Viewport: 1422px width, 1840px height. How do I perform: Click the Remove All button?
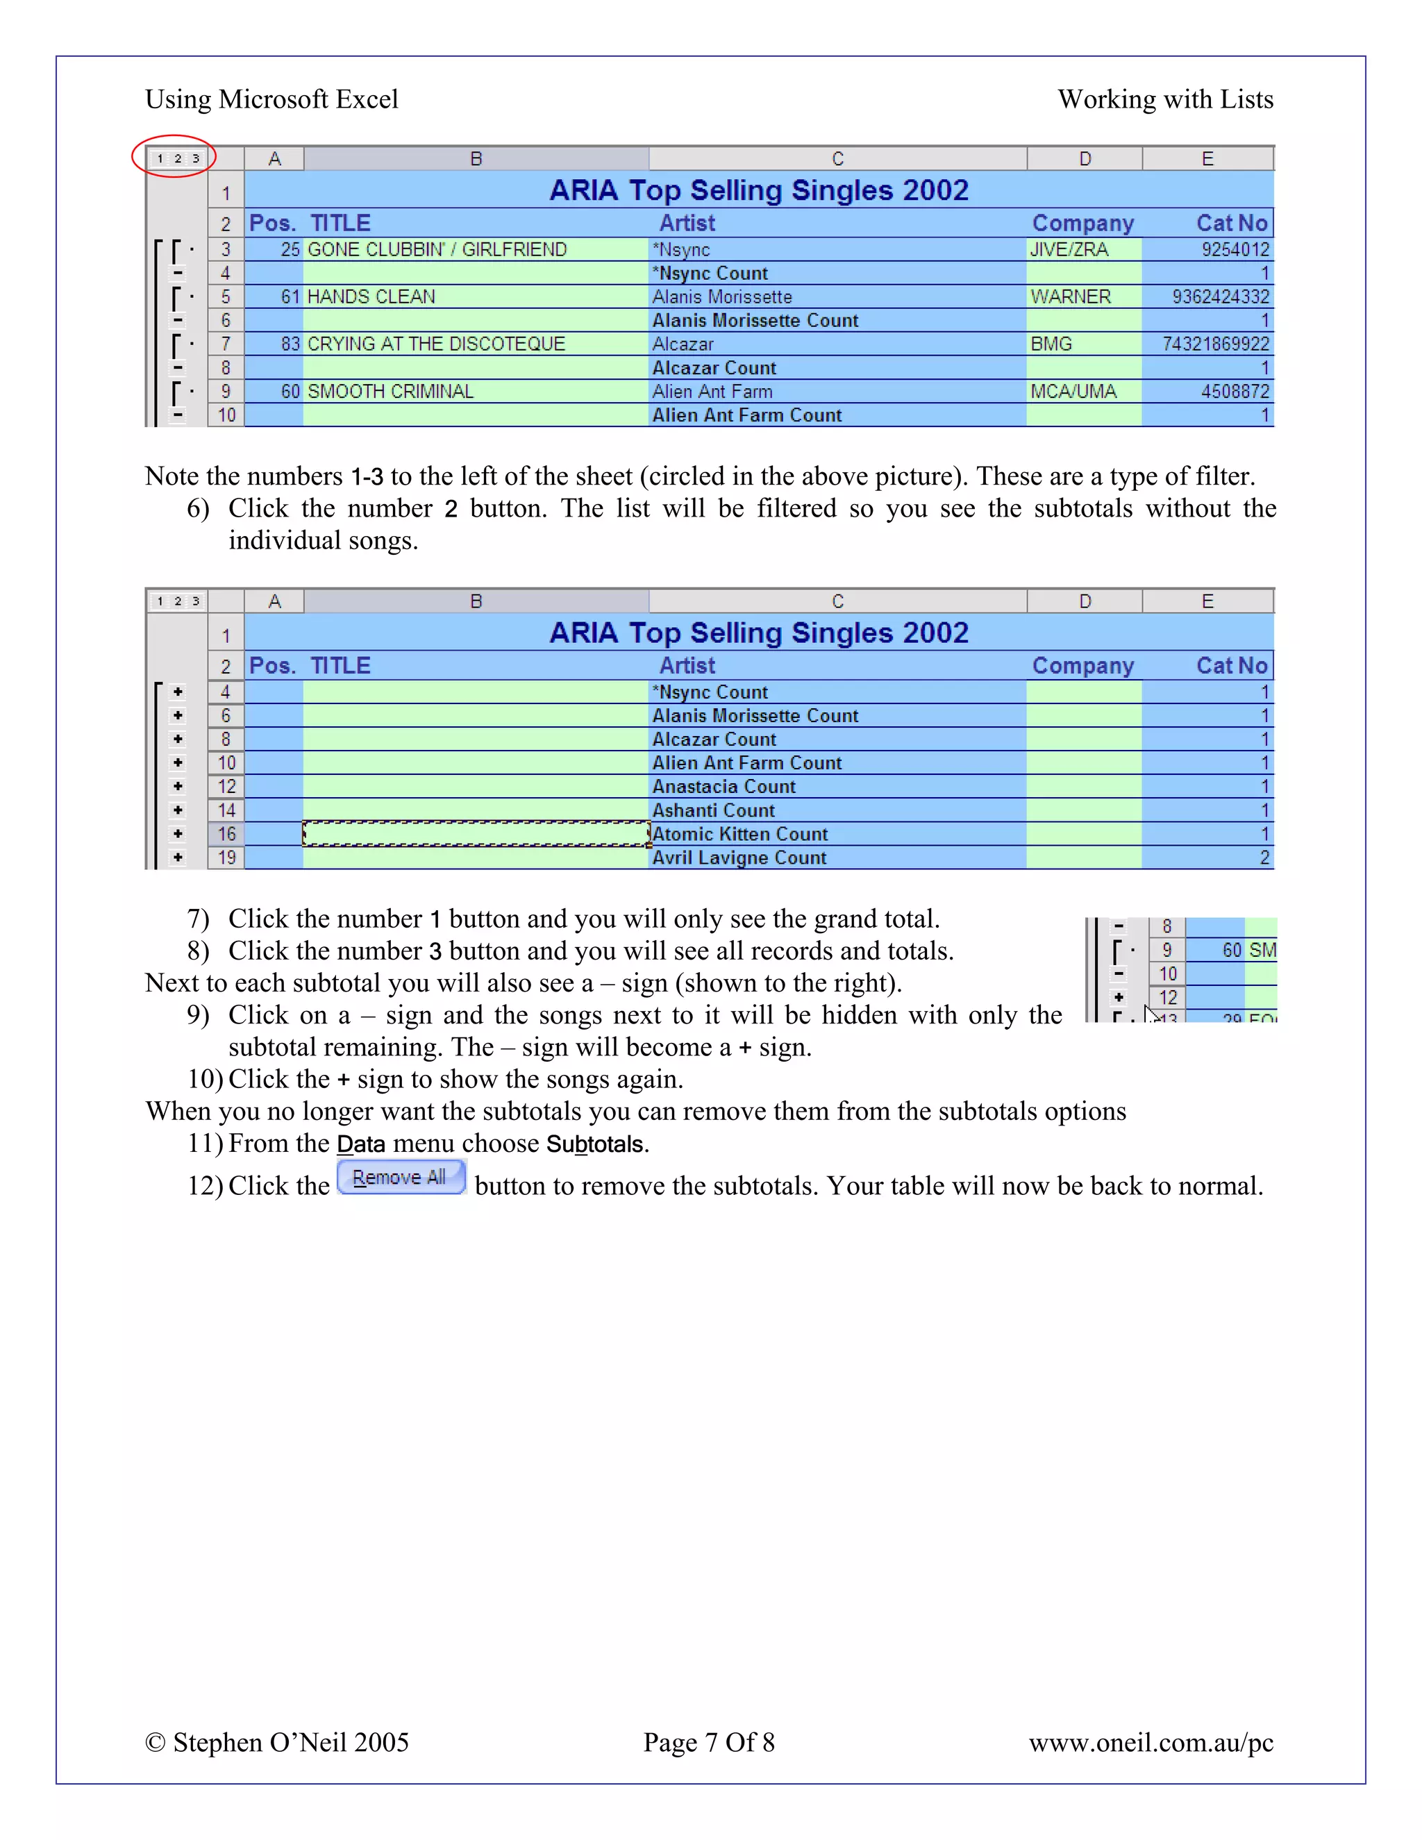point(401,1177)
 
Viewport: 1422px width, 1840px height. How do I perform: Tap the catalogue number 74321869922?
point(1215,344)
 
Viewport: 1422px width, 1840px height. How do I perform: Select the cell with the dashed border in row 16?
point(476,833)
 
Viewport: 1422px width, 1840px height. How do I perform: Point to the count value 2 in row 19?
point(1264,858)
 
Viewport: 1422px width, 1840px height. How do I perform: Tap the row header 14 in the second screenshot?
point(226,810)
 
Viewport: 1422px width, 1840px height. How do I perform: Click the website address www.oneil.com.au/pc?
point(1151,1741)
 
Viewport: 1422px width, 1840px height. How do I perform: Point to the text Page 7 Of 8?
point(708,1741)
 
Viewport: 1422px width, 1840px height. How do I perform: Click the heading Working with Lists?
point(1165,99)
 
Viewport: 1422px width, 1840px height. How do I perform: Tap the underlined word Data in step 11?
point(360,1144)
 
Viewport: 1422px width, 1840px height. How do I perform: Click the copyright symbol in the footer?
point(155,1742)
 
